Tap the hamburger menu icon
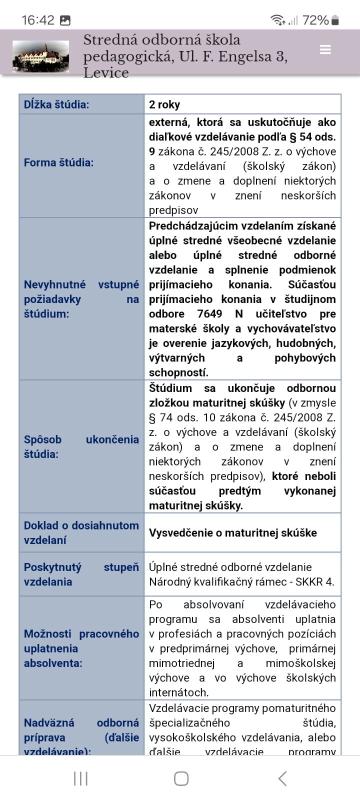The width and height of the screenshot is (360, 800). [x=325, y=50]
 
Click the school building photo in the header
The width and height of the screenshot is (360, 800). [x=41, y=56]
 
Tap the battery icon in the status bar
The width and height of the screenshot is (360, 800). [x=335, y=20]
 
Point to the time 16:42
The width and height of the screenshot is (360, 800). [x=38, y=20]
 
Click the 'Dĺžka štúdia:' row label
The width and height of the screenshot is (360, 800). [x=56, y=104]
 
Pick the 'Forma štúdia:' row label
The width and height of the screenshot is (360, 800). [x=59, y=162]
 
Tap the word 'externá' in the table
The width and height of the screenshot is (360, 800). [x=168, y=122]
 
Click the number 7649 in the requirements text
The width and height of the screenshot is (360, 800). [x=209, y=314]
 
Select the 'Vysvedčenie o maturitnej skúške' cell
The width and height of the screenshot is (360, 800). [x=233, y=533]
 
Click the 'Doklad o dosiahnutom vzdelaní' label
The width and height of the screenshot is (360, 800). [x=81, y=533]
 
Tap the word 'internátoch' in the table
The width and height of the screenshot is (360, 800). [x=178, y=693]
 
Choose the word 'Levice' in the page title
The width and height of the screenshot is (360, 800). [x=105, y=73]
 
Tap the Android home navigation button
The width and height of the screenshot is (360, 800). [x=181, y=778]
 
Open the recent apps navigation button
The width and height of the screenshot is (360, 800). [x=80, y=778]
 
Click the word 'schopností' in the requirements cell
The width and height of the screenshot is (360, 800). [x=178, y=373]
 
